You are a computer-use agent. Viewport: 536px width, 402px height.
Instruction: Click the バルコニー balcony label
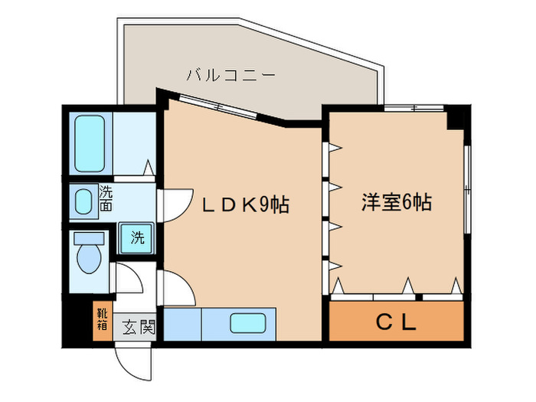pyautogui.click(x=230, y=75)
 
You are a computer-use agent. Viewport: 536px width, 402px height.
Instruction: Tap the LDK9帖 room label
pyautogui.click(x=245, y=205)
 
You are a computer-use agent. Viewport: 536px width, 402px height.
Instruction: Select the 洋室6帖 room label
pyautogui.click(x=396, y=203)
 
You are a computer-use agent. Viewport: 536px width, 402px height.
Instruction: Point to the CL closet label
pyautogui.click(x=396, y=322)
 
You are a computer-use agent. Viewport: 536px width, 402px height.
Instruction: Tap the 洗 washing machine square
pyautogui.click(x=136, y=237)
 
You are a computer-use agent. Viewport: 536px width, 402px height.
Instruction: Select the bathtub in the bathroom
pyautogui.click(x=90, y=143)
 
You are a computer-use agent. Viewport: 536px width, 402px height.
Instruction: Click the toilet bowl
pyautogui.click(x=89, y=259)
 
